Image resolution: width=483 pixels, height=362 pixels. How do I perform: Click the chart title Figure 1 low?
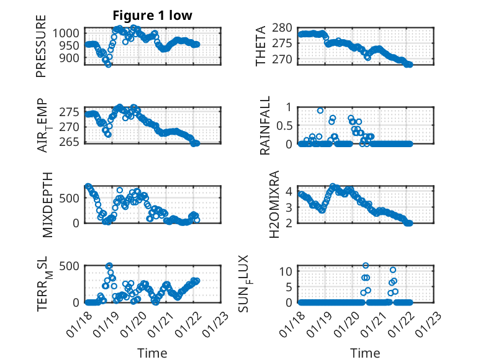(x=152, y=15)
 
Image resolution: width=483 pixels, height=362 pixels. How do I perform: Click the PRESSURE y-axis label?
(x=41, y=50)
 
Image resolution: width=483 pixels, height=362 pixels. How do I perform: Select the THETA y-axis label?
(x=261, y=46)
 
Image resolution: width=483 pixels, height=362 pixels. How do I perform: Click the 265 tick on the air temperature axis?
(x=71, y=142)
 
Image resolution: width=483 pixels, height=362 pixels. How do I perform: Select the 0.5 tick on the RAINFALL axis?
(x=284, y=125)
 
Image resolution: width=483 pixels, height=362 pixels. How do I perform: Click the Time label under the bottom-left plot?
(x=152, y=353)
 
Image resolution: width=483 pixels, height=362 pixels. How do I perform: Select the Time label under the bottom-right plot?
(x=365, y=353)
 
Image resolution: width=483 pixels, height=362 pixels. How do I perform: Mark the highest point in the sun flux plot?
(x=366, y=266)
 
